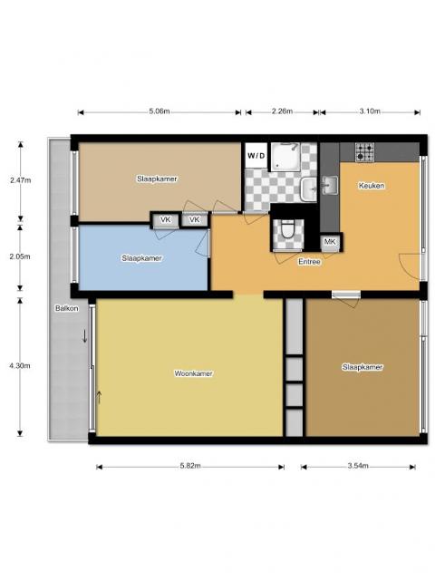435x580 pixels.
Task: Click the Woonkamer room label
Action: click(x=194, y=372)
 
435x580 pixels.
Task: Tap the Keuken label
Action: click(x=372, y=186)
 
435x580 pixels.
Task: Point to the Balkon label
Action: click(x=66, y=308)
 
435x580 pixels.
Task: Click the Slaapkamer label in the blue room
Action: click(x=142, y=258)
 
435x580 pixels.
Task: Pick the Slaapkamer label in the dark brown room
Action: click(x=362, y=367)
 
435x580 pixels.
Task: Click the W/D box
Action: click(x=257, y=154)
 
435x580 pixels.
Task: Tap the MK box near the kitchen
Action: click(x=330, y=242)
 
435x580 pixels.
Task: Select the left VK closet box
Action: click(x=166, y=220)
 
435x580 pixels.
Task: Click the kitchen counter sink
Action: click(x=329, y=186)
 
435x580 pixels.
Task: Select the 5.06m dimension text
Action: click(x=159, y=112)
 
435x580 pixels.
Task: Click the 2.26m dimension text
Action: click(x=282, y=112)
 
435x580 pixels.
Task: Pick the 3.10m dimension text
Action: click(x=370, y=112)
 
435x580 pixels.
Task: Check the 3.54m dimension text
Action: click(x=359, y=467)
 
